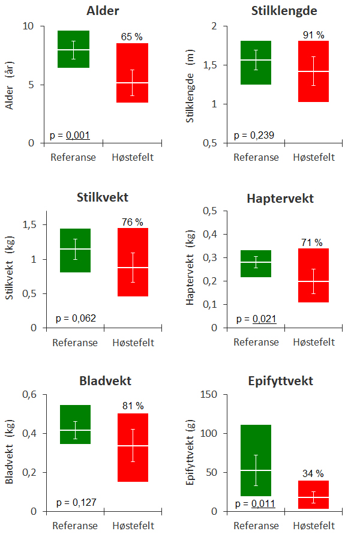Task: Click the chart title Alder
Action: (x=102, y=11)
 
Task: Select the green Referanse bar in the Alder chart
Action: (x=74, y=49)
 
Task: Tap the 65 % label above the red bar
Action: (x=132, y=37)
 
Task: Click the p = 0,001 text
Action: (x=70, y=135)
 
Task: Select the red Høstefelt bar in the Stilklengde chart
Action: (x=313, y=71)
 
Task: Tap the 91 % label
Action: (x=313, y=35)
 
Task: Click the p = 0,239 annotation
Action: (x=254, y=135)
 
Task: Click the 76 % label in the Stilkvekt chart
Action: (x=132, y=222)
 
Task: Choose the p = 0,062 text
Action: (x=76, y=318)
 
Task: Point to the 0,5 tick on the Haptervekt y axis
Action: (x=210, y=211)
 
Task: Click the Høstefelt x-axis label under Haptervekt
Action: (x=314, y=342)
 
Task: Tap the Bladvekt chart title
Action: (x=105, y=381)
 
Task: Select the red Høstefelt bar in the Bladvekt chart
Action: (x=132, y=448)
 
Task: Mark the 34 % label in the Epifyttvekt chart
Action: (x=313, y=474)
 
